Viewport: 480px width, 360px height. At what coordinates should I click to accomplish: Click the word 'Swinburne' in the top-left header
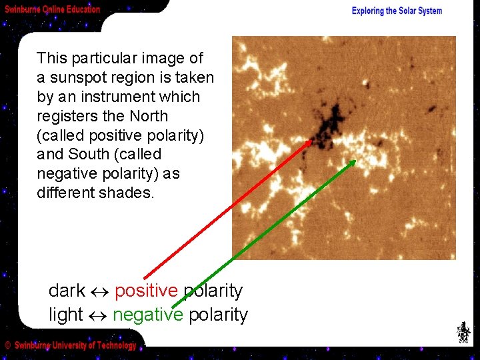(x=21, y=9)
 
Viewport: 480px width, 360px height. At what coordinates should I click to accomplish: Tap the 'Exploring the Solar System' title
(x=397, y=11)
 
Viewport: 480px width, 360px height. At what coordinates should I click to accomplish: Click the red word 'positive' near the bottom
(x=146, y=291)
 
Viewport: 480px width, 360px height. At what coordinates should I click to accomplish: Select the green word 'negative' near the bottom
(x=147, y=315)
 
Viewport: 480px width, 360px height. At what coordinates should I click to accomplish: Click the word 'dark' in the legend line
(x=67, y=291)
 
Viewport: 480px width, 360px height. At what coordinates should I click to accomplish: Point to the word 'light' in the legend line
(x=65, y=315)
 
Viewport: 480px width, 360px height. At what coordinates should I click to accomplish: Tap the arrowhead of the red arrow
(x=310, y=141)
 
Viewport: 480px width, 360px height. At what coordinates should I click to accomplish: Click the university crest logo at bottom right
(x=462, y=333)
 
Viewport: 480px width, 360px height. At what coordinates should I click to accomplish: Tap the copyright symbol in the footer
(x=7, y=345)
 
